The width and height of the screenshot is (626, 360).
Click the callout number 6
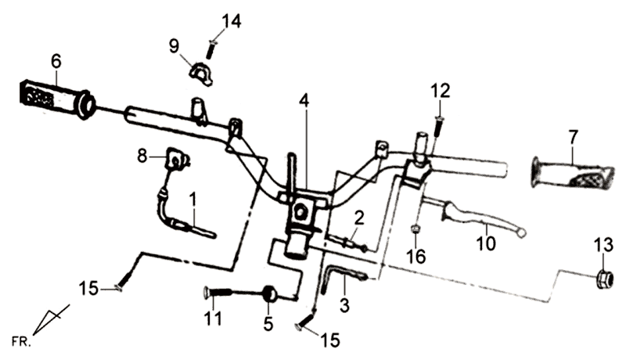click(x=56, y=60)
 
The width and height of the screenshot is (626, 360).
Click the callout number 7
click(x=574, y=137)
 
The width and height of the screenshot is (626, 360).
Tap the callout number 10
click(x=486, y=244)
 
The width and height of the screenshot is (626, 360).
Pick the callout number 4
click(x=304, y=100)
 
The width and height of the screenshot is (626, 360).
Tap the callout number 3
click(x=344, y=304)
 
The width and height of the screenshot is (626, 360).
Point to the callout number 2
click(x=358, y=217)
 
